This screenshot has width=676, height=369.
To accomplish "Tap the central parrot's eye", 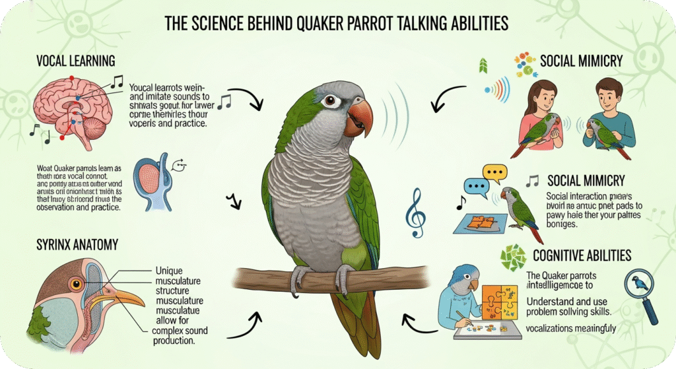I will click(328, 102).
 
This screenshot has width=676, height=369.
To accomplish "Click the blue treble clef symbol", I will click(415, 212).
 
